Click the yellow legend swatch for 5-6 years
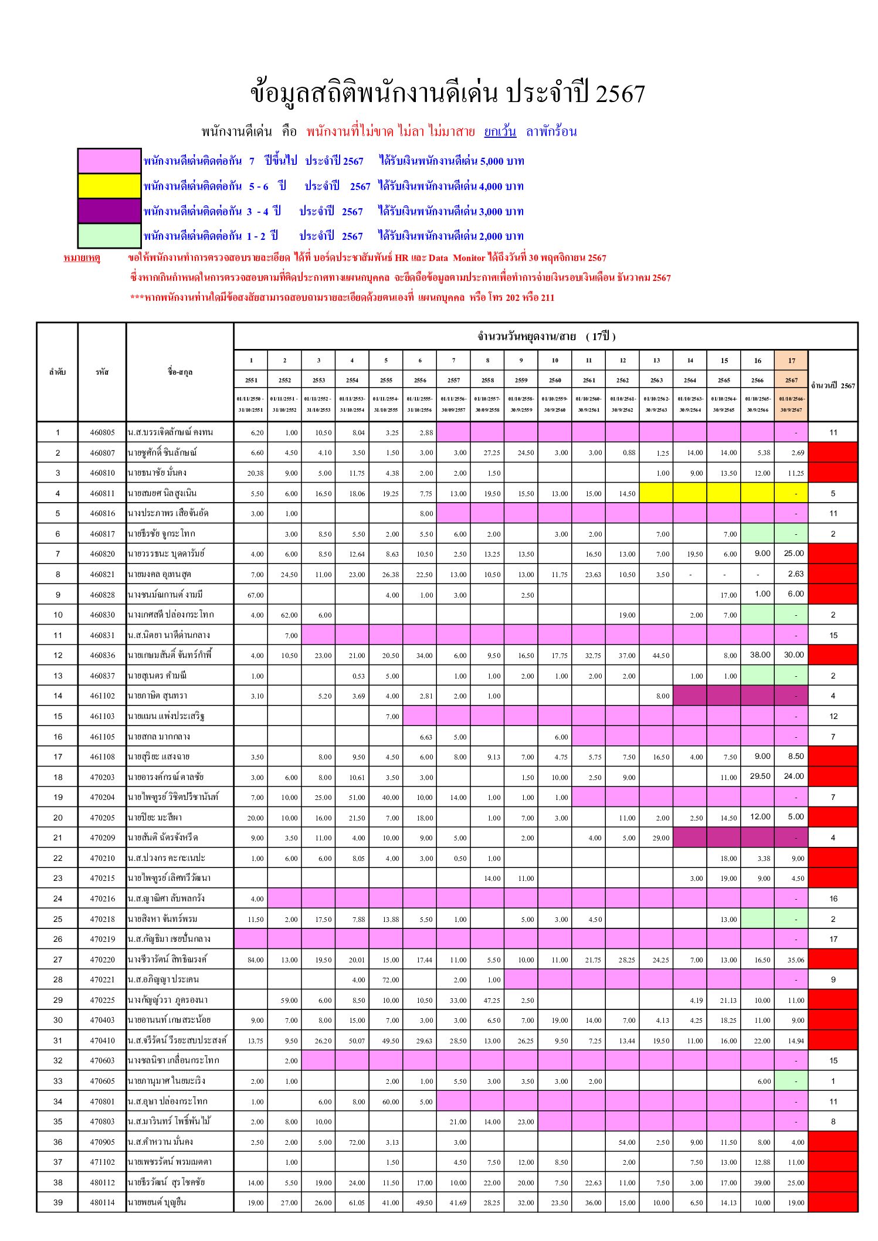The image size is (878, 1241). click(110, 186)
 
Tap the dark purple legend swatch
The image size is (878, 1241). click(110, 211)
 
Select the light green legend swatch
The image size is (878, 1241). click(110, 236)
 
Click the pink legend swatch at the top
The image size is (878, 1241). click(110, 161)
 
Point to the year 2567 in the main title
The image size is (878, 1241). click(620, 94)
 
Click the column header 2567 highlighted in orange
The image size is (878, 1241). click(791, 380)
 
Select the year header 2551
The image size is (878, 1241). click(251, 380)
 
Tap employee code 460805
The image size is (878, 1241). click(102, 433)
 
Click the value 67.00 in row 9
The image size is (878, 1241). click(255, 595)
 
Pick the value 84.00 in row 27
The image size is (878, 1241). click(255, 960)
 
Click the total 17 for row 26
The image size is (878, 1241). click(833, 940)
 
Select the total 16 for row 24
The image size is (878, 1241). click(833, 899)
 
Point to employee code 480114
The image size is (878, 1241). click(102, 1203)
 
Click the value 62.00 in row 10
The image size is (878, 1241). click(289, 615)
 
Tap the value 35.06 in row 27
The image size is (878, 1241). click(795, 960)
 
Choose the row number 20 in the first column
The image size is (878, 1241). click(57, 818)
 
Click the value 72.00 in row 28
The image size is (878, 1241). click(391, 980)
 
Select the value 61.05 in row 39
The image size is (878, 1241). click(357, 1203)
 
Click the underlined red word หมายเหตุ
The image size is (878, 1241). click(82, 258)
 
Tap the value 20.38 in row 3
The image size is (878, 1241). click(255, 473)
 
